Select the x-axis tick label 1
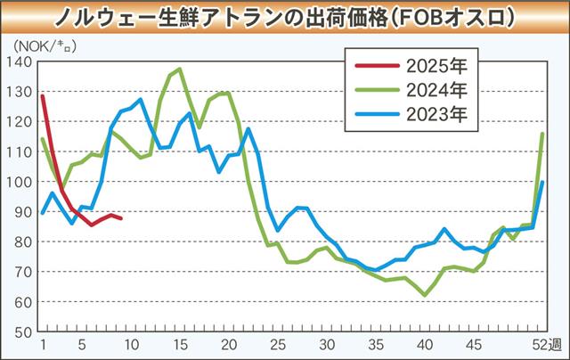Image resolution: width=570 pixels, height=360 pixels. click(x=43, y=345)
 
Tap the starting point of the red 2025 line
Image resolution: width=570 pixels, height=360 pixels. click(x=43, y=95)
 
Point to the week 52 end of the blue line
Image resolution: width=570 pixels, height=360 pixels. click(x=543, y=182)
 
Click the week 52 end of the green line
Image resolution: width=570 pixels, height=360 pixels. click(x=543, y=134)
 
